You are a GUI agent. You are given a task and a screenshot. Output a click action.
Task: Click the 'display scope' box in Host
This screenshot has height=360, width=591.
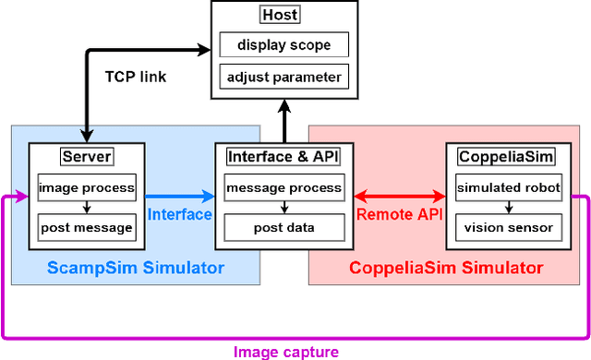tap(283, 44)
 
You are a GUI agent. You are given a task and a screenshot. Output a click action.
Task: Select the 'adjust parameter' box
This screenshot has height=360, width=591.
tap(283, 77)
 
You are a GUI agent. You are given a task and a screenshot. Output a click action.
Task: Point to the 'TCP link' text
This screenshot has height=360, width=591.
tap(135, 77)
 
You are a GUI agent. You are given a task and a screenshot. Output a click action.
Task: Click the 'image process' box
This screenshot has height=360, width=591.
tap(87, 188)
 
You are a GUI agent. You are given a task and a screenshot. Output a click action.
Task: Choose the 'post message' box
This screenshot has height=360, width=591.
tap(87, 227)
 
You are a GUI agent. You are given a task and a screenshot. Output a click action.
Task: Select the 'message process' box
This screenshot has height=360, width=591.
tap(283, 188)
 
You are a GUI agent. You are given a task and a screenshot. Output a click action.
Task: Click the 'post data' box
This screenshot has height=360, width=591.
tap(283, 227)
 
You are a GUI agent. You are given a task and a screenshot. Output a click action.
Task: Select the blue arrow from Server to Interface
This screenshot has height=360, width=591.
tap(180, 196)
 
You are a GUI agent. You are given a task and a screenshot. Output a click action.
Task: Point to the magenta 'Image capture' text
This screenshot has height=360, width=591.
tap(285, 351)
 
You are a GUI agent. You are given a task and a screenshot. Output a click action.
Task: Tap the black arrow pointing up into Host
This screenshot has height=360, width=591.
tap(283, 120)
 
